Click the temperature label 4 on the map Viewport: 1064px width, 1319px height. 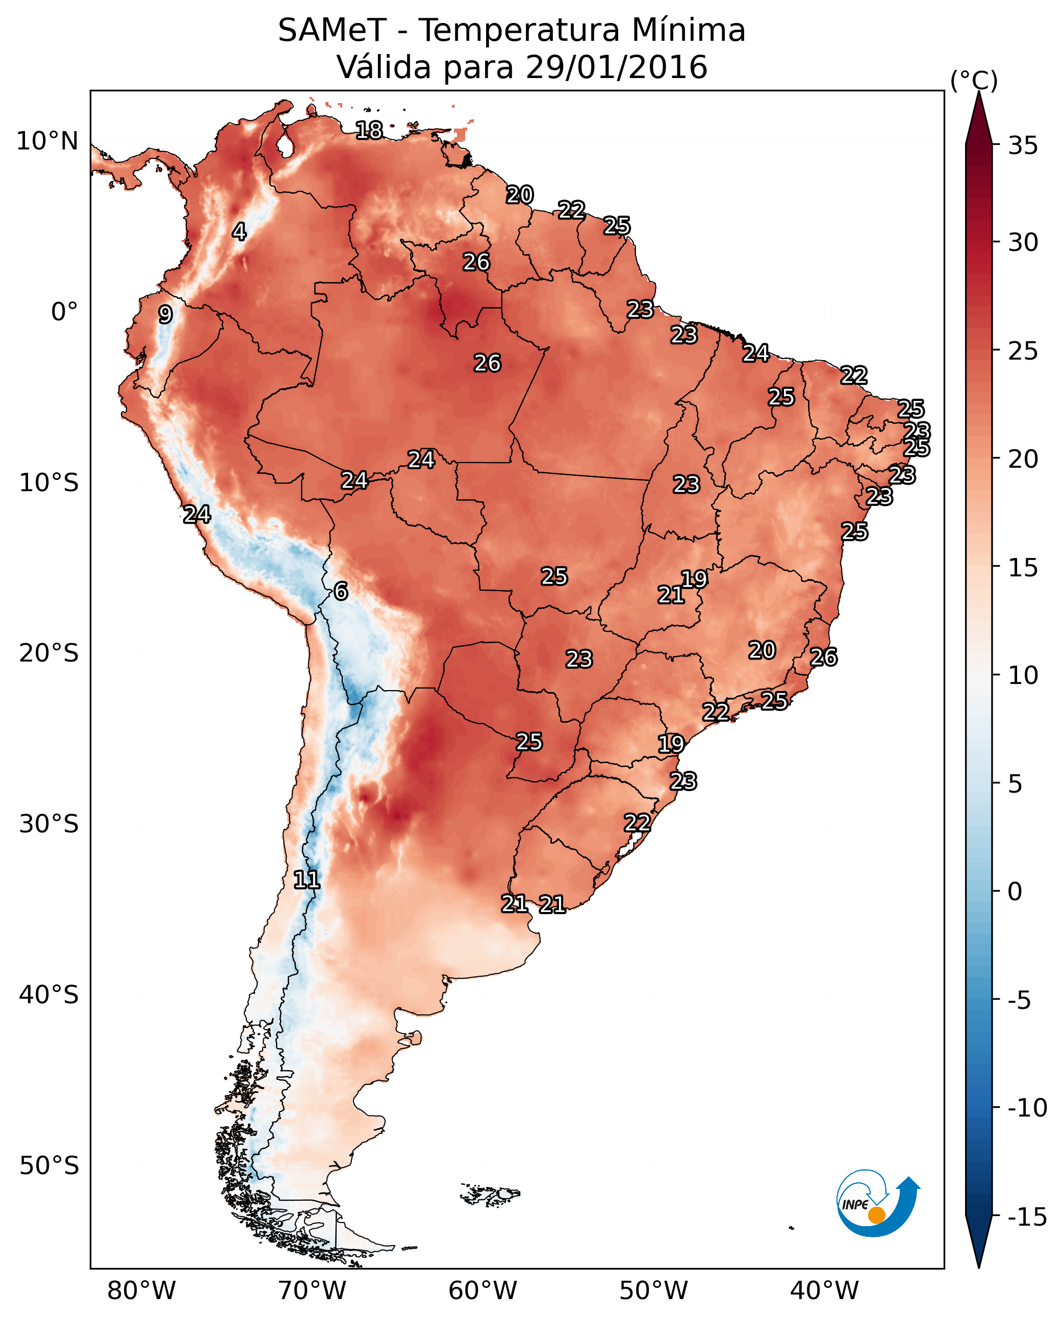[x=239, y=232]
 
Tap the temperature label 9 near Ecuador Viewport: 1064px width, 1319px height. [x=165, y=314]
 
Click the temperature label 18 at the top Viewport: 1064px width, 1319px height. [x=369, y=130]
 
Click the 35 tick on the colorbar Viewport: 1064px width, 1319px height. [x=1023, y=146]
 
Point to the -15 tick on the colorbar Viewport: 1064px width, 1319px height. [x=1027, y=1217]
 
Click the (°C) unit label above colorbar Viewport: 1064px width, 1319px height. [x=974, y=80]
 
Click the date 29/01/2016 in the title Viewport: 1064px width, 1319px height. [x=616, y=67]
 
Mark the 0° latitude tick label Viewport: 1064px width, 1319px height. [x=64, y=312]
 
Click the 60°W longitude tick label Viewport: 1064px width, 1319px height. [x=483, y=1290]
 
